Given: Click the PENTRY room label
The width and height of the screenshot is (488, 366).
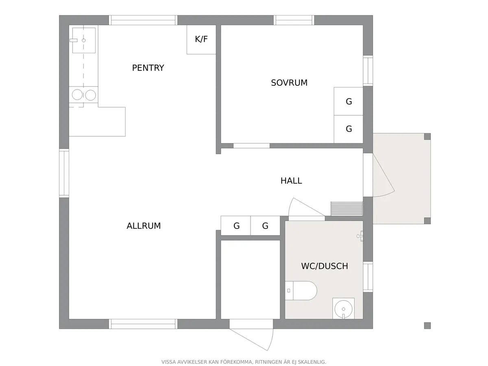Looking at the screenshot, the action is tap(148, 68).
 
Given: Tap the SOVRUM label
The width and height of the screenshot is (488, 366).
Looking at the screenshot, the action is tap(289, 83).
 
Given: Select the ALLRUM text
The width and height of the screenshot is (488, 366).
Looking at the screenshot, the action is tap(144, 226).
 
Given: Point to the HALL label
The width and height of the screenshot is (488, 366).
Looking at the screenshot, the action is tap(291, 181).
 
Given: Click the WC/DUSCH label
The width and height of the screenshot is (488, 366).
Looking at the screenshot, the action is tap(325, 266).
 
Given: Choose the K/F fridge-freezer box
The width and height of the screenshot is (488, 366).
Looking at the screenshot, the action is tap(201, 39).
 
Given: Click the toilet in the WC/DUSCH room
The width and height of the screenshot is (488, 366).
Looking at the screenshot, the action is tap(301, 291).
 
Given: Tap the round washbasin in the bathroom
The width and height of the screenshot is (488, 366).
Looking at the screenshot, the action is tap(344, 309).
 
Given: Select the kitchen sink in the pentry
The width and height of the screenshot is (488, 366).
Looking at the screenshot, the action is tap(84, 40).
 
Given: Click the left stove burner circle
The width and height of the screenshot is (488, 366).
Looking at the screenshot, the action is tap(77, 95).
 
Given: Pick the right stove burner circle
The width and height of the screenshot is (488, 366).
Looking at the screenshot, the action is tap(91, 95).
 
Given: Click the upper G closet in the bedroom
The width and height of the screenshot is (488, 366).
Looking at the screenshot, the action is tap(349, 101).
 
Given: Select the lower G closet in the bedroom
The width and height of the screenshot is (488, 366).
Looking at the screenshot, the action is tap(349, 129).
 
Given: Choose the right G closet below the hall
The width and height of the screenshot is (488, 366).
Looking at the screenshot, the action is tap(265, 226).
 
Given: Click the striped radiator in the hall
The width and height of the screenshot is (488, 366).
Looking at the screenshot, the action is tap(346, 209).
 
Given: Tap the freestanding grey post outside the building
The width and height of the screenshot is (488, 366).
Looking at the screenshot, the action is tap(427, 326).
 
